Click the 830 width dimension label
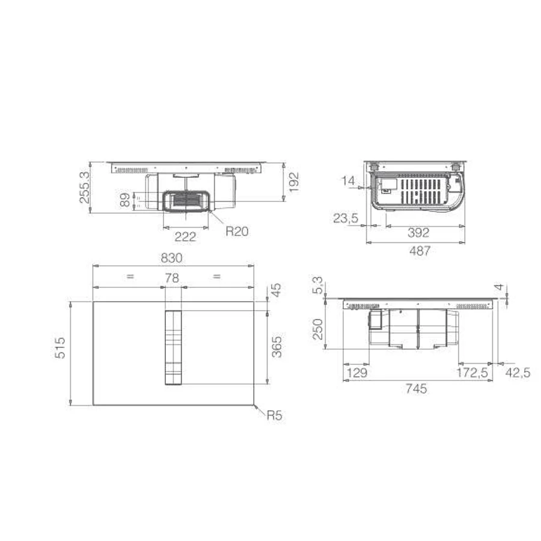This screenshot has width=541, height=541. pos(171,258)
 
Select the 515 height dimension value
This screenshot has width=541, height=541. pos(60,348)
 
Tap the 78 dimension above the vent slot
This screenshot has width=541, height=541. pos(172,278)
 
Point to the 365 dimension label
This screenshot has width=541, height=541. pos(277,347)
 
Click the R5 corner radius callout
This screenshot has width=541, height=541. pos(275,415)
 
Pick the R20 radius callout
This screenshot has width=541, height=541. pos(237,231)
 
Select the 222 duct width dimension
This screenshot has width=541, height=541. pos(185,237)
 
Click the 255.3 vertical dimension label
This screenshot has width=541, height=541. pos(85,188)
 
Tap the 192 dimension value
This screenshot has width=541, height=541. pos(293,182)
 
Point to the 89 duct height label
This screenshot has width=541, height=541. pos(125,200)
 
